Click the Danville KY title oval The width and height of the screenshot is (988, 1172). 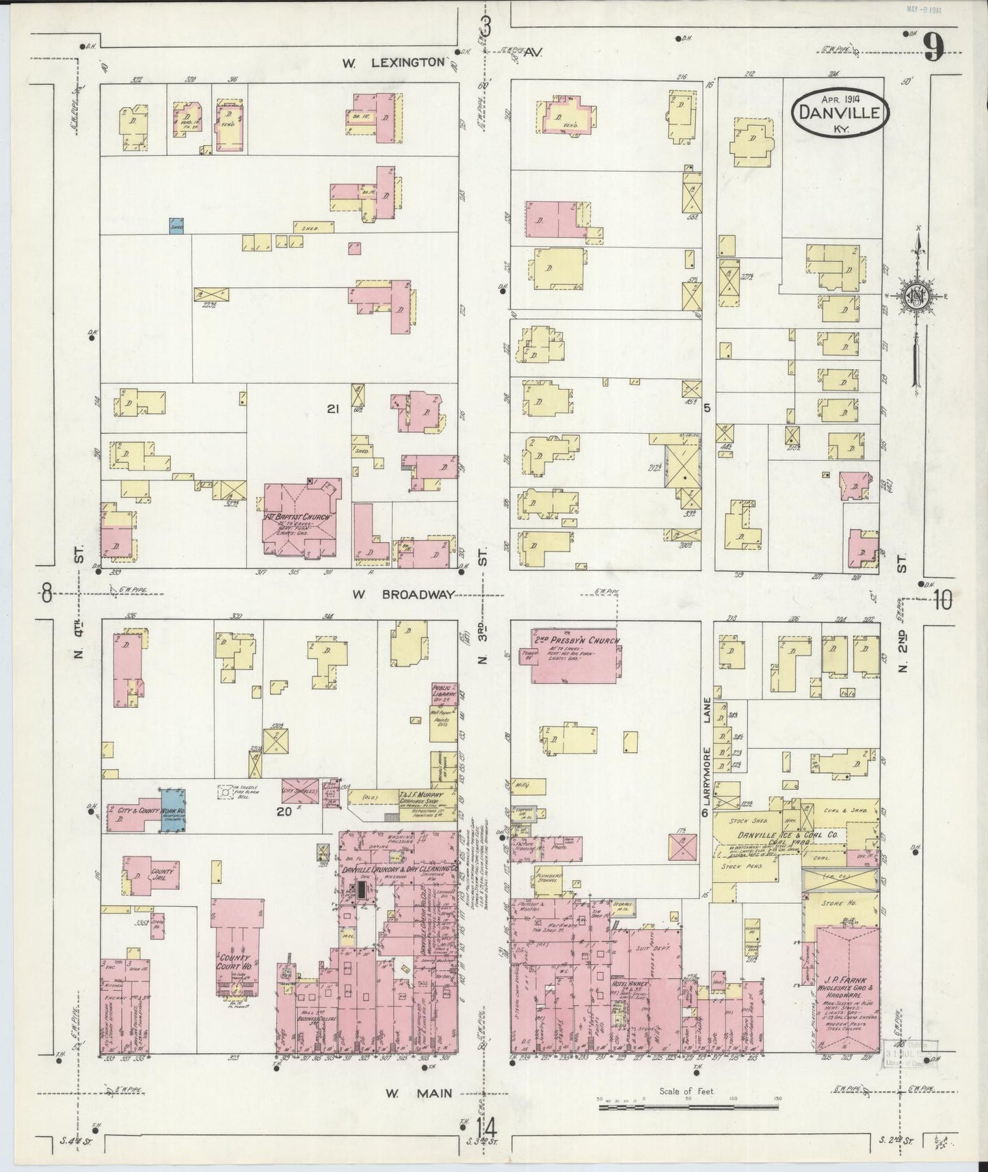(x=841, y=110)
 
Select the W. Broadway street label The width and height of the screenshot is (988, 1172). (x=403, y=594)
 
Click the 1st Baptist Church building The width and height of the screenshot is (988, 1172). (x=298, y=521)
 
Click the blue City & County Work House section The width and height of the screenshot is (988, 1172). (x=173, y=810)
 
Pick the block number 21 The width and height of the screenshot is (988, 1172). (x=334, y=409)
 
